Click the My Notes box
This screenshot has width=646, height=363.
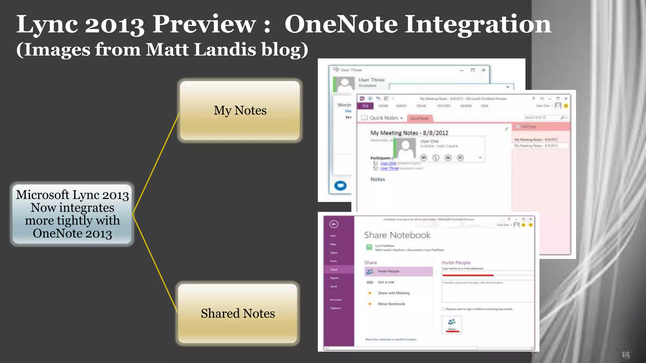240,111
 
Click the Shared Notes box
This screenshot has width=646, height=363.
238,314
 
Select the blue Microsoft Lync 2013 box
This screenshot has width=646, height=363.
72,214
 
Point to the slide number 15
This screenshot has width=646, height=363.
625,355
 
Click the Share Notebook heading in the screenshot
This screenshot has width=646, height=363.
397,235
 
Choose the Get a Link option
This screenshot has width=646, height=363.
386,282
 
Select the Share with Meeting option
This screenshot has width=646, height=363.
393,293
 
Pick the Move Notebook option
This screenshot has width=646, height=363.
391,304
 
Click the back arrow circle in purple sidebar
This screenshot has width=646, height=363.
334,224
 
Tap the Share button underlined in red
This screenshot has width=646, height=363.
452,325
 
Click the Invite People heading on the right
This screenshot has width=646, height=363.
456,262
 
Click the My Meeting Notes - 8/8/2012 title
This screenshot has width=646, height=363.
409,133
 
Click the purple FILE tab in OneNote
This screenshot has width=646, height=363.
365,106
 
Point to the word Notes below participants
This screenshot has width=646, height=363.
378,179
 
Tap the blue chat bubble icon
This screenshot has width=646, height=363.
340,186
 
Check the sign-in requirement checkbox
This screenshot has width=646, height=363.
443,309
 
